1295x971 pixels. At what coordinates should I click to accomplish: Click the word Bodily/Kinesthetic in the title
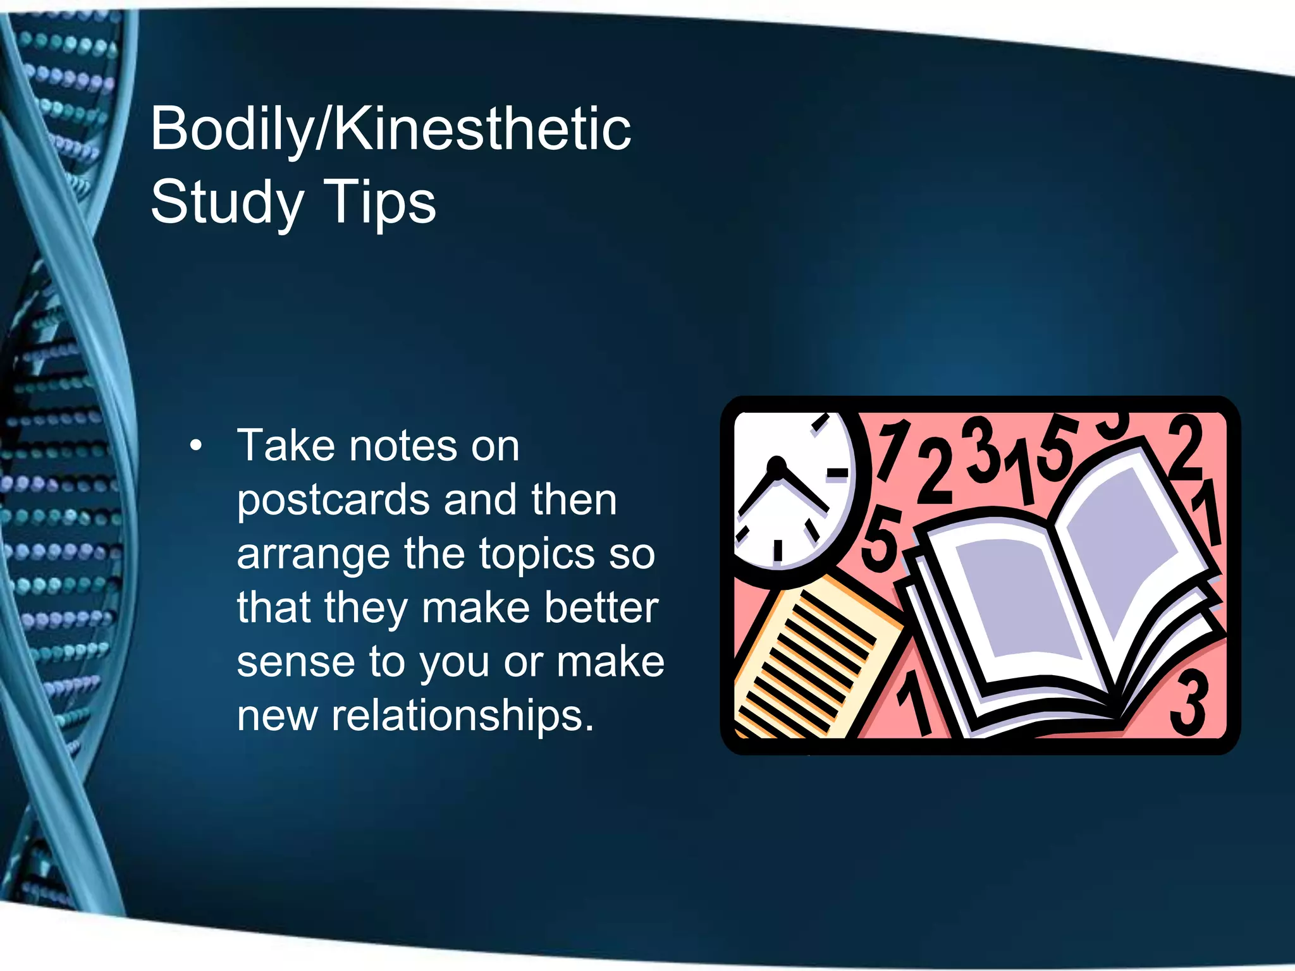[390, 130]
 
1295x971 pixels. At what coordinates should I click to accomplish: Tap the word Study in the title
[227, 202]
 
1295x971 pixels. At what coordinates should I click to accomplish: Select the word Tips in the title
[379, 202]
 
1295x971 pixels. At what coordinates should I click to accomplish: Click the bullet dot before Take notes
[196, 446]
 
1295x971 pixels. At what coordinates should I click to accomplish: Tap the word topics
[536, 555]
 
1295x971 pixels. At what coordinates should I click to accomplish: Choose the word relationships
[462, 716]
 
